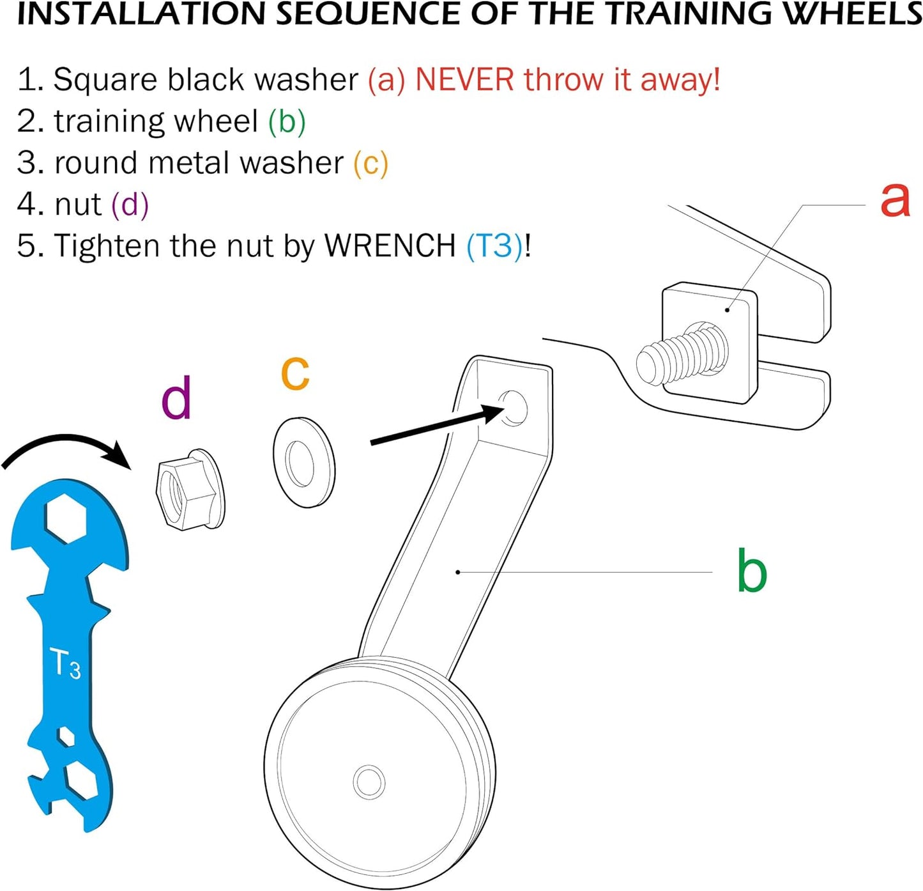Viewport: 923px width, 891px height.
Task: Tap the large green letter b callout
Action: [x=751, y=571]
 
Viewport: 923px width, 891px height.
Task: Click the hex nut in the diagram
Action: [x=189, y=489]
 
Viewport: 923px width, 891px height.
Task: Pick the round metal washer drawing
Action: [x=303, y=462]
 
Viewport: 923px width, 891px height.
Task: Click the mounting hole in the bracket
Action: [x=515, y=407]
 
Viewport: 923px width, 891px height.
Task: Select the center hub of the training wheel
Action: [x=369, y=781]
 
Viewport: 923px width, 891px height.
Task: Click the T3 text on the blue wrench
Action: [x=65, y=663]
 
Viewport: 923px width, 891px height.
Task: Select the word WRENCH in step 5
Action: [x=390, y=245]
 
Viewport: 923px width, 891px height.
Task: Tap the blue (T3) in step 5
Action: [x=494, y=245]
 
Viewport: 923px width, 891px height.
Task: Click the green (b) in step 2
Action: [x=287, y=121]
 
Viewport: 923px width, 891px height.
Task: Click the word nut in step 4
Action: [x=78, y=205]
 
